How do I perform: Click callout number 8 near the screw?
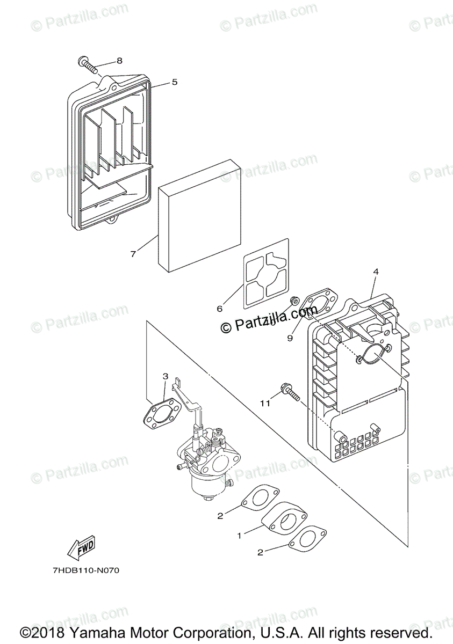pos(119,61)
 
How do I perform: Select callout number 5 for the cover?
pos(175,82)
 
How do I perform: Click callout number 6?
pos(219,308)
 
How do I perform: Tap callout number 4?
pos(376,272)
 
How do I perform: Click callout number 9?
pos(290,338)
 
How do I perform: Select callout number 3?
pos(166,376)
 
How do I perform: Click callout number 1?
pos(240,535)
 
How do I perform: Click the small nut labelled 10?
pos(294,301)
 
